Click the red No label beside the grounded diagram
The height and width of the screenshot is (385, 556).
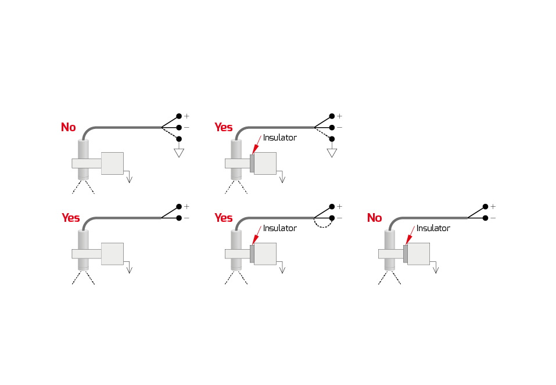tap(68, 127)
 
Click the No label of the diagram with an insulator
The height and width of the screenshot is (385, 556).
tap(374, 218)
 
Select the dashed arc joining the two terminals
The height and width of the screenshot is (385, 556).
tap(322, 225)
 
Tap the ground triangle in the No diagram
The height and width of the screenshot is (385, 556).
tap(179, 153)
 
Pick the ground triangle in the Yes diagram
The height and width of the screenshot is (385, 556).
tap(332, 153)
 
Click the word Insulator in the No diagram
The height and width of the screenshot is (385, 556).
tap(433, 228)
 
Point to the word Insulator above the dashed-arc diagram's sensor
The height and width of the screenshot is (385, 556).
tap(279, 228)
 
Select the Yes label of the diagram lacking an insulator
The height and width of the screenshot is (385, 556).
tap(70, 218)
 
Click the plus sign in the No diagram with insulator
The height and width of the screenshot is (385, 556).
tap(493, 206)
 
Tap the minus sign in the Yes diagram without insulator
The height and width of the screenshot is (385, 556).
tap(186, 218)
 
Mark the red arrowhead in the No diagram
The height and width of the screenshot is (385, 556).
tap(408, 239)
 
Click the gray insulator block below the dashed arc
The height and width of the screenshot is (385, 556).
tap(252, 254)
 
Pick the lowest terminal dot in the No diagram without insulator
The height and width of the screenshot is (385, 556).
tap(179, 139)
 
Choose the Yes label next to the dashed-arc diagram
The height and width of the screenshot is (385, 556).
tap(223, 218)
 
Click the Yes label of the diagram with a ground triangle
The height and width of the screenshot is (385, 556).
tap(223, 127)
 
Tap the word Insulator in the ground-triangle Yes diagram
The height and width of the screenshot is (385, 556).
tap(279, 138)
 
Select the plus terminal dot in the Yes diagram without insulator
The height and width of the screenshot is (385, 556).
tap(179, 206)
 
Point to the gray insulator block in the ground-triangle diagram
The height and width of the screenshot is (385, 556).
tap(252, 163)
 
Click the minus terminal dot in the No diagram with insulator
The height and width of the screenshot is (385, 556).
tap(485, 218)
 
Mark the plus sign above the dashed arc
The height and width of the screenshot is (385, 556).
tap(339, 206)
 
